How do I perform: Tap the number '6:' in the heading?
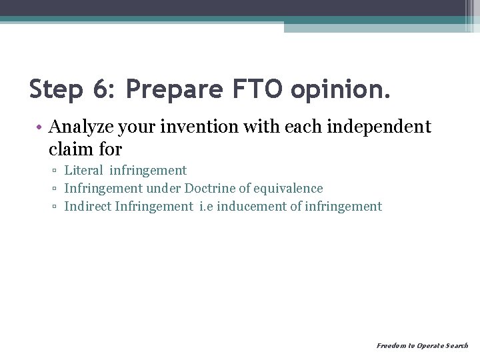(106, 89)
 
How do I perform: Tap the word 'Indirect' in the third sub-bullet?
(87, 207)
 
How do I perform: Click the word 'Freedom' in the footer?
(390, 345)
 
